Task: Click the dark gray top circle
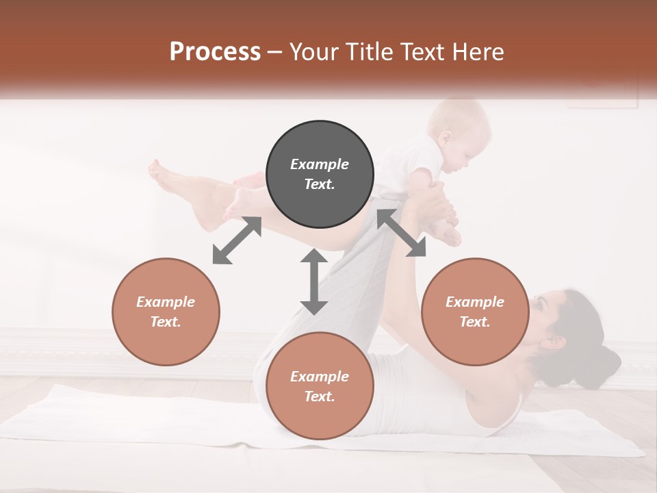click(x=320, y=175)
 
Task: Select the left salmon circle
click(x=166, y=312)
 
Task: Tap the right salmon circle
click(x=475, y=312)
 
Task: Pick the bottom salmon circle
click(x=320, y=386)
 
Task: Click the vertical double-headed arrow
click(x=314, y=281)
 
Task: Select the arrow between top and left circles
click(x=237, y=240)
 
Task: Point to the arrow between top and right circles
click(x=401, y=233)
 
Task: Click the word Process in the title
click(x=215, y=51)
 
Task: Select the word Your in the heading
click(x=315, y=51)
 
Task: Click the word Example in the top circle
click(x=320, y=164)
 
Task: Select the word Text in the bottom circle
click(x=320, y=396)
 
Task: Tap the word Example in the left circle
click(x=166, y=302)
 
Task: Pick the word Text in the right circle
click(x=475, y=322)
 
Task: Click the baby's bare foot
click(x=448, y=236)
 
